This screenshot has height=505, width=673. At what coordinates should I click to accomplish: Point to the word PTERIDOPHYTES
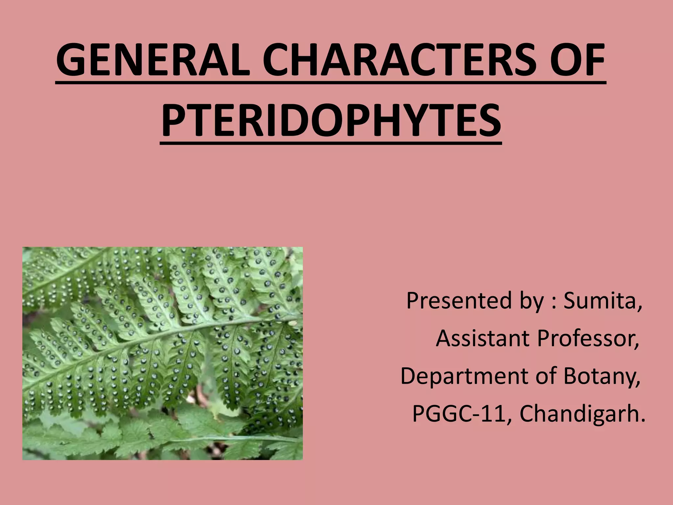(x=331, y=121)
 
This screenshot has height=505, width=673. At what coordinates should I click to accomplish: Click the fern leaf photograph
(x=162, y=353)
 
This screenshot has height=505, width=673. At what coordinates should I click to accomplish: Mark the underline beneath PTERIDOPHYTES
(x=331, y=143)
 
